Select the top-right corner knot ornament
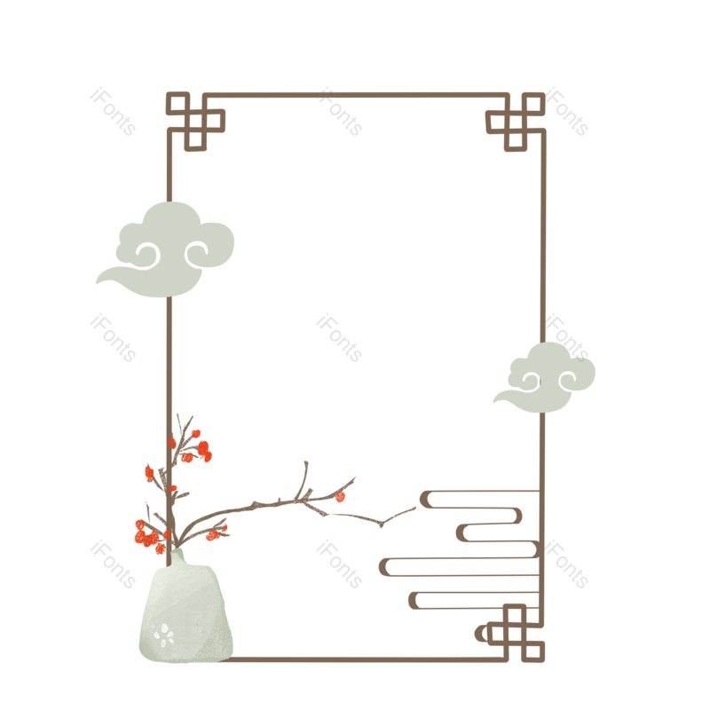pyautogui.click(x=515, y=120)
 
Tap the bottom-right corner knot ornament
pyautogui.click(x=515, y=633)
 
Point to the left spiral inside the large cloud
pyautogui.click(x=146, y=256)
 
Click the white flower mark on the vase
pyautogui.click(x=163, y=634)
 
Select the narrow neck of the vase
pyautogui.click(x=177, y=557)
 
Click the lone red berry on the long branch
pyautogui.click(x=341, y=497)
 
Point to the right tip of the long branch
pyautogui.click(x=414, y=509)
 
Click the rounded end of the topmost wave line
pyautogui.click(x=426, y=499)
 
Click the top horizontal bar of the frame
pyautogui.click(x=355, y=95)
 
